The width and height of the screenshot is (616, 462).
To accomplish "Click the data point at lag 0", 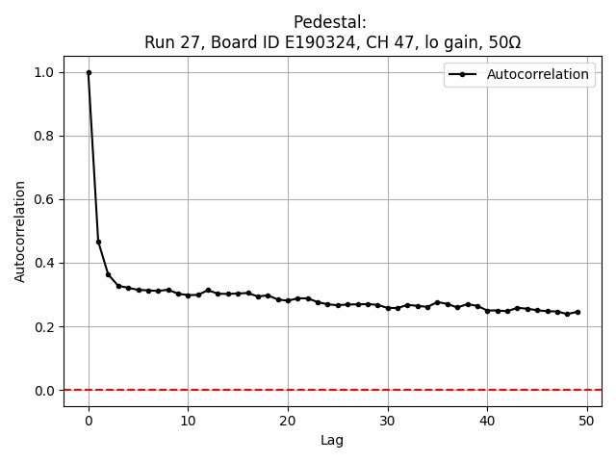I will click(x=89, y=72).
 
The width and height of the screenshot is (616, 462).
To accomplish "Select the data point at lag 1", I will click(x=98, y=242).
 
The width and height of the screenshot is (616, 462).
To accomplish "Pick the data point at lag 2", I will click(x=109, y=274).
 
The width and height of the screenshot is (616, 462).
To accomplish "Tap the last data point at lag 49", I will click(x=577, y=312).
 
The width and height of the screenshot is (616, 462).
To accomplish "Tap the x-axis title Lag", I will click(x=332, y=441).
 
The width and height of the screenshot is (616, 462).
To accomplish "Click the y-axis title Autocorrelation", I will click(x=20, y=231).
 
